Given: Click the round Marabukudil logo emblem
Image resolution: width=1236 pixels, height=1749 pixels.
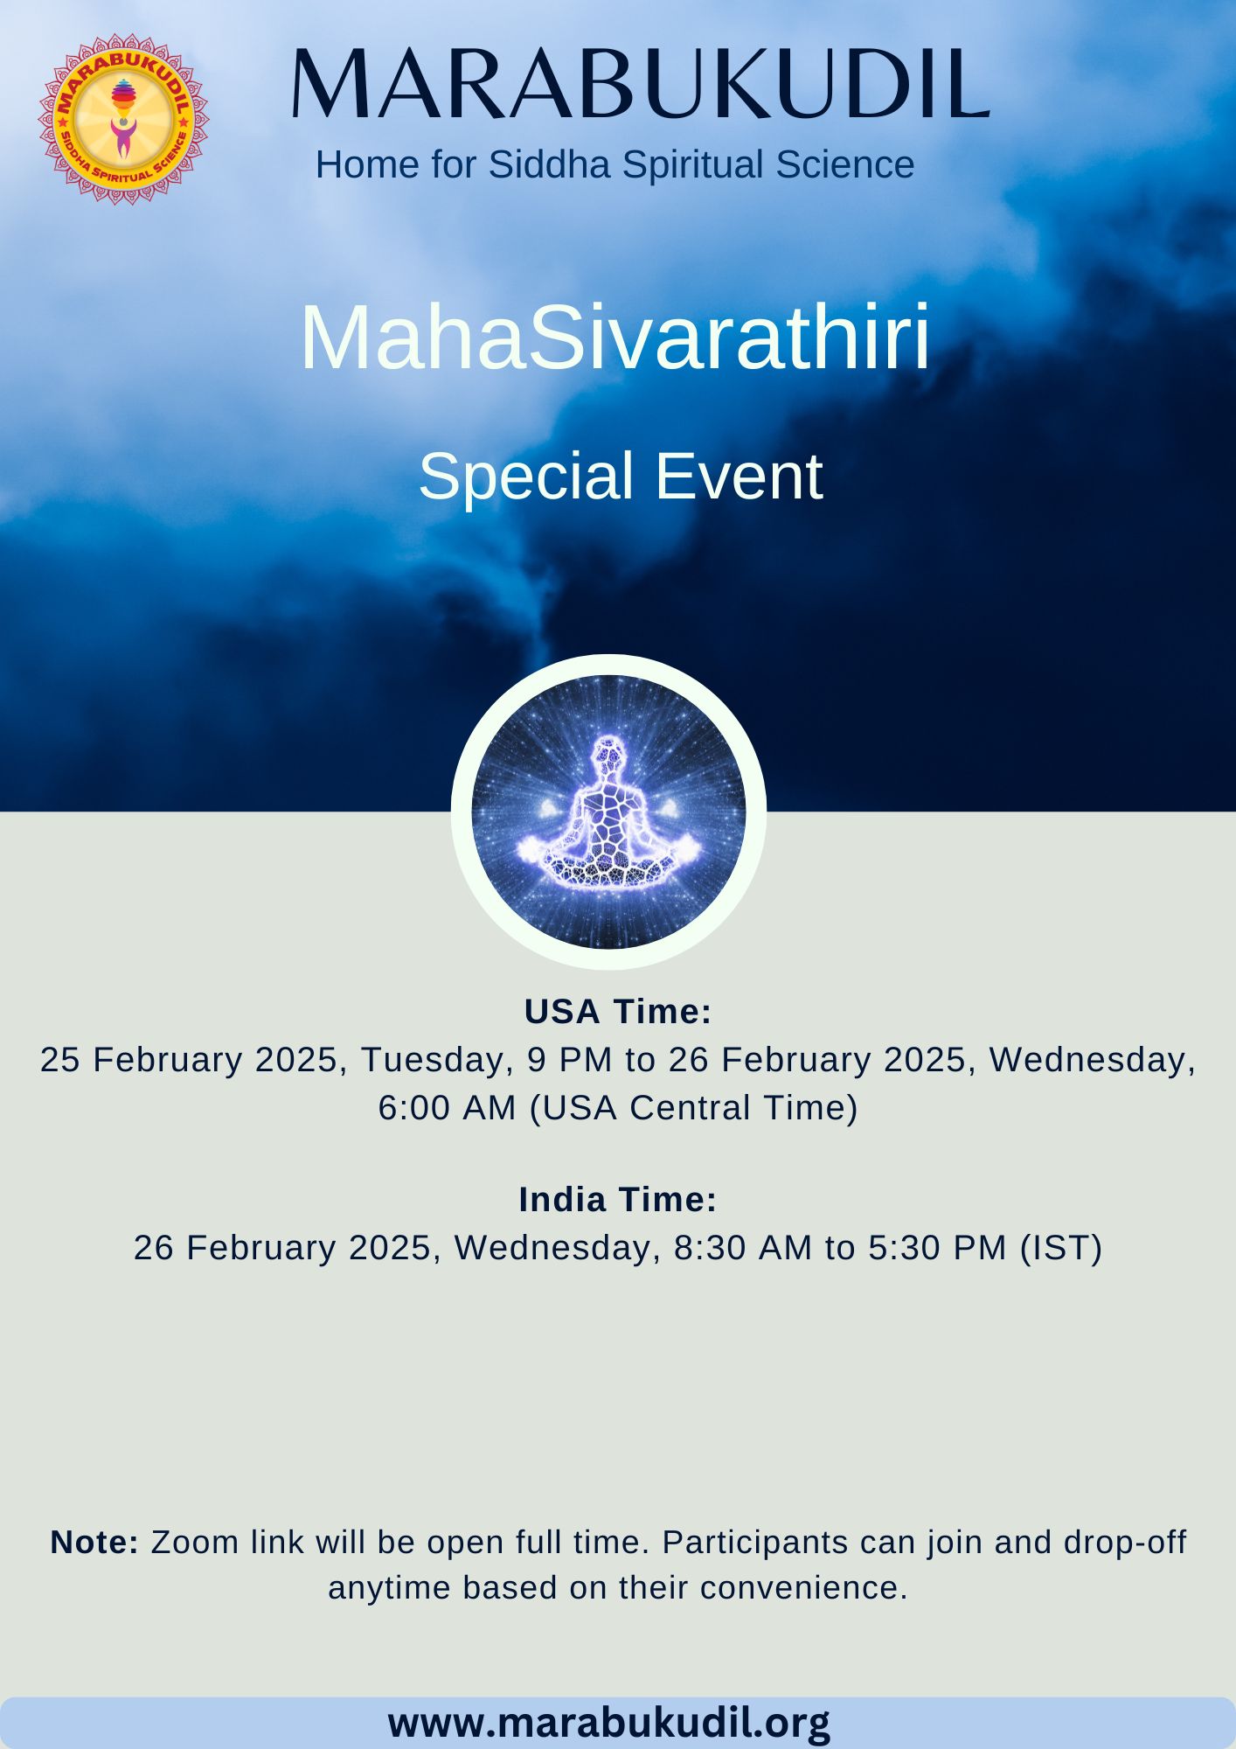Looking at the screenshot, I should (x=123, y=119).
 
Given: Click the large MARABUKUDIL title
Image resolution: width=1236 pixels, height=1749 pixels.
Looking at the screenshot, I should (x=640, y=85).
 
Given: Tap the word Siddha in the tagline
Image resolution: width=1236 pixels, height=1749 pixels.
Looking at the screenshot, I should (x=548, y=164).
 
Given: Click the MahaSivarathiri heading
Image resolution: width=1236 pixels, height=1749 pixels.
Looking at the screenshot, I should (x=615, y=338).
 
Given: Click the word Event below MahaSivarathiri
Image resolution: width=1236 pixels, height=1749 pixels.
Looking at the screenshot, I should (x=739, y=477).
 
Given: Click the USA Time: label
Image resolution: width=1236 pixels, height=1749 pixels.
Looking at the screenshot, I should (x=618, y=1012).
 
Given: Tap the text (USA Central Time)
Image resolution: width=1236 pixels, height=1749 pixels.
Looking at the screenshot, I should (x=694, y=1108).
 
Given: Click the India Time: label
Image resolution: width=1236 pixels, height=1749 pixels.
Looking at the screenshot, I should (x=618, y=1200).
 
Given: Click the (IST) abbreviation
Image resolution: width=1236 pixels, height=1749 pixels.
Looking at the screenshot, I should (x=1061, y=1248).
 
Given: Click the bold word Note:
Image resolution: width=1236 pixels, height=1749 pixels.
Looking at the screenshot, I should (x=94, y=1543).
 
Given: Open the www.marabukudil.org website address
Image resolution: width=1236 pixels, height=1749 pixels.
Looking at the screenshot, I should (x=609, y=1722).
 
